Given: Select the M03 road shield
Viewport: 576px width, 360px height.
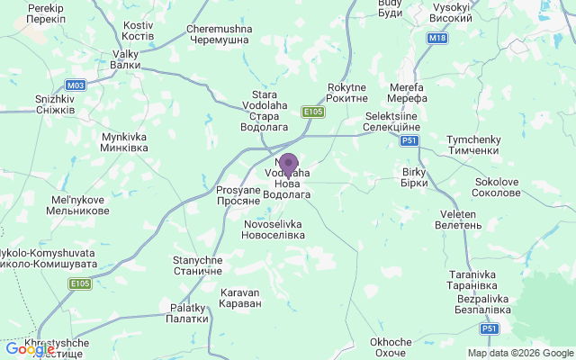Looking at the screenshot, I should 76,85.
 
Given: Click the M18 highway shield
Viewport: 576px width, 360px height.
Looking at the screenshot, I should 437,38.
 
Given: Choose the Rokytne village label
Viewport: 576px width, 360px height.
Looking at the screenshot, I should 348,92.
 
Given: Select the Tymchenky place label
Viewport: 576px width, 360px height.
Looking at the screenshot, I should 472,145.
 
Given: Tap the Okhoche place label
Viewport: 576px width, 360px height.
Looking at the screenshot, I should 391,347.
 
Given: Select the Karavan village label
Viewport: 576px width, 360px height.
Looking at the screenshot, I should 240,298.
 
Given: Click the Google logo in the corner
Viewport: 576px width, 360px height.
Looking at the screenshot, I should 23,349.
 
